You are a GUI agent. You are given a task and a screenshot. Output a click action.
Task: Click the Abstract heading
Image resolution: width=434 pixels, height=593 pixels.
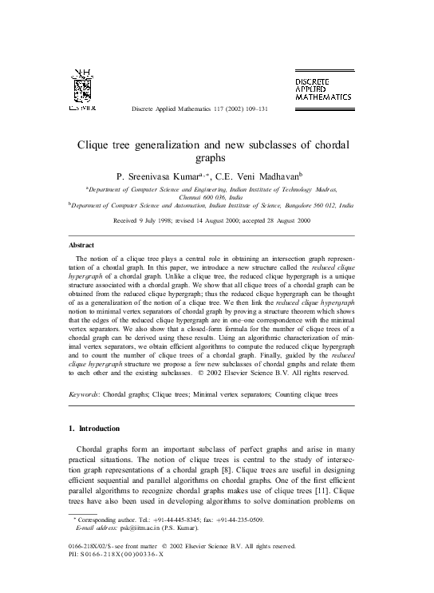(81, 245)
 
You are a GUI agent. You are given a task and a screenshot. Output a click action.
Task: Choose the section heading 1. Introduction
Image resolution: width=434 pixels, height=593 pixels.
(95, 429)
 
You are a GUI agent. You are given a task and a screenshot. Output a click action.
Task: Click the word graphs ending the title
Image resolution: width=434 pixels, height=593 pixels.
(217, 158)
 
